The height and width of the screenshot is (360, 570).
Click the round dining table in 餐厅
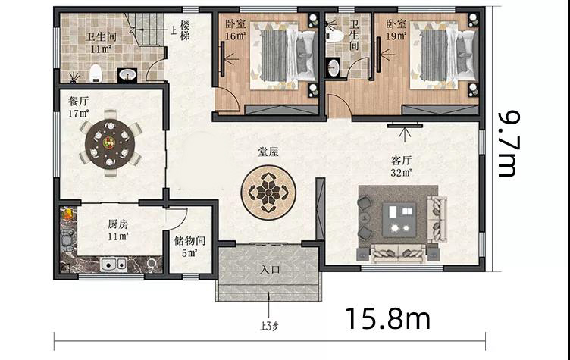click(x=110, y=143)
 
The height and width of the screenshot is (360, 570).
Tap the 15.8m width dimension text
click(x=387, y=319)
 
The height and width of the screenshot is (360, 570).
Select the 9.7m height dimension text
click(x=509, y=144)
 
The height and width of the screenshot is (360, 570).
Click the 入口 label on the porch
click(x=270, y=270)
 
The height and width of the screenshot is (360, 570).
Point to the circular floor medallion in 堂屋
click(x=268, y=193)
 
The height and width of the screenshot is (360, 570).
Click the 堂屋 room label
click(x=268, y=152)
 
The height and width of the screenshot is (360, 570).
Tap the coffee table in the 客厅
click(x=399, y=220)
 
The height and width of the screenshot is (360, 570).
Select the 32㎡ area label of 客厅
click(x=401, y=172)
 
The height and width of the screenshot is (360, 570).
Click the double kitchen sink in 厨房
click(x=114, y=265)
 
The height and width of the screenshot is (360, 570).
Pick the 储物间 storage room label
click(x=189, y=240)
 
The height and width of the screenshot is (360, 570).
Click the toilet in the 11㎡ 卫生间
click(x=96, y=73)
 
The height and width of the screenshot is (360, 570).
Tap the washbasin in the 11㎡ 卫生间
click(x=127, y=75)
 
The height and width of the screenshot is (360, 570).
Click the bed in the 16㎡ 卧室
click(x=283, y=55)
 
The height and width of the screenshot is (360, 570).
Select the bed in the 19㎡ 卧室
click(x=443, y=55)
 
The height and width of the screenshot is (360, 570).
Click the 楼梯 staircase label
click(x=185, y=30)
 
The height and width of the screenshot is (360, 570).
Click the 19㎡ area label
click(x=396, y=36)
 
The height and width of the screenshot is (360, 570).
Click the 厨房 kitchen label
click(x=117, y=224)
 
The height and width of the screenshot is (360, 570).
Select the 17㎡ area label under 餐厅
click(x=79, y=114)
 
